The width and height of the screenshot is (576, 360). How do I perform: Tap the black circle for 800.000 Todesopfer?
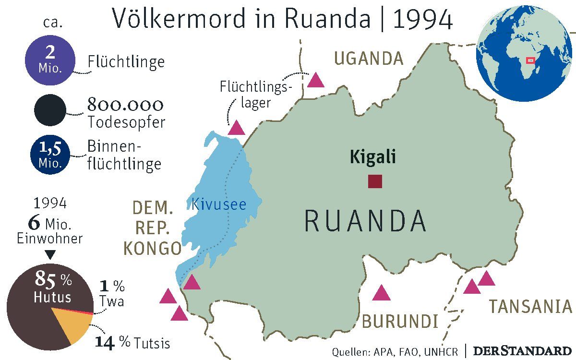[49, 110]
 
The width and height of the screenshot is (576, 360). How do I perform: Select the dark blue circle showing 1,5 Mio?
[50, 155]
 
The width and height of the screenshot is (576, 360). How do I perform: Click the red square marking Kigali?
[375, 181]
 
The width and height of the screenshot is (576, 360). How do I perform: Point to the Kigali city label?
[373, 157]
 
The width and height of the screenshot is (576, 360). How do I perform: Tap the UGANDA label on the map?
[369, 59]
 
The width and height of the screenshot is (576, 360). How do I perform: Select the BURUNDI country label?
[400, 321]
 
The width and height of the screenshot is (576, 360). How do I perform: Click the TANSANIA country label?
[530, 306]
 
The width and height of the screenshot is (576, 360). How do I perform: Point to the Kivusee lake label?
[218, 205]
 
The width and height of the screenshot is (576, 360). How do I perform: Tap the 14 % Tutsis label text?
[132, 343]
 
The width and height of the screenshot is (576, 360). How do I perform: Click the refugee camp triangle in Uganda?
[316, 80]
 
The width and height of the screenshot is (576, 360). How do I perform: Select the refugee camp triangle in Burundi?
[381, 293]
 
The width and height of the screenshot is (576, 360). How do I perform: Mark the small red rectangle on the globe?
[530, 60]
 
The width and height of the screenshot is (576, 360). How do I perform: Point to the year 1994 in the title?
[422, 19]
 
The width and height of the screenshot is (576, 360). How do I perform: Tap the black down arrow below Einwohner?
[49, 254]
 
